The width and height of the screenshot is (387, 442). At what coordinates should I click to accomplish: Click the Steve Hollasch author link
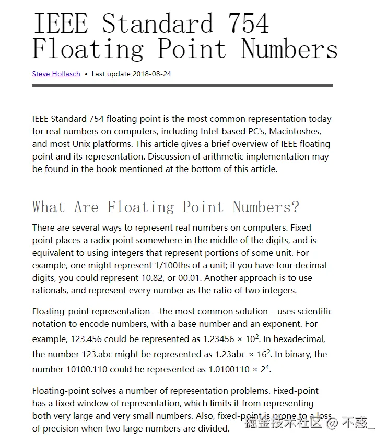(56, 74)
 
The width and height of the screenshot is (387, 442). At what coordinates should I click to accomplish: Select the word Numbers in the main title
(289, 49)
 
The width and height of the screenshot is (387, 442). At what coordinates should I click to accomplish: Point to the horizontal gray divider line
(182, 86)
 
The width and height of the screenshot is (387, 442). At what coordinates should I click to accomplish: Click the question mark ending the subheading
(295, 207)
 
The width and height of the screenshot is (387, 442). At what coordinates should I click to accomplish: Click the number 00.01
(236, 278)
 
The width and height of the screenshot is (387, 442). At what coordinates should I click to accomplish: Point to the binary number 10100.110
(87, 369)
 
